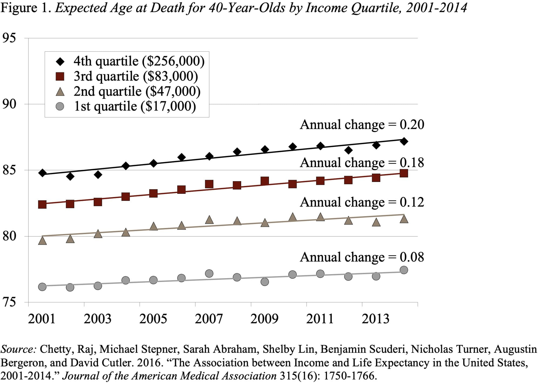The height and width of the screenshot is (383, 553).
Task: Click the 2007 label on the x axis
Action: (x=209, y=319)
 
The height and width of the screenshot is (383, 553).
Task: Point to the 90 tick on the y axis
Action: (x=9, y=104)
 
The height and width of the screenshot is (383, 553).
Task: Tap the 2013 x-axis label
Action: (x=375, y=319)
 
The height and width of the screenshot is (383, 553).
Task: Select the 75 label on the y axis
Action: (x=9, y=302)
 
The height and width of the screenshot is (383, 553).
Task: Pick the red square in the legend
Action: (x=60, y=77)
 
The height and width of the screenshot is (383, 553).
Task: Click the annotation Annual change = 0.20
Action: (x=362, y=125)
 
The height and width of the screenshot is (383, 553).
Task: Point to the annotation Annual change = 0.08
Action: (x=362, y=257)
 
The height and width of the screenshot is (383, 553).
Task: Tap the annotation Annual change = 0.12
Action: (x=362, y=202)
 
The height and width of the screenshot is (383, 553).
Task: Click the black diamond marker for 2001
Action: (x=42, y=173)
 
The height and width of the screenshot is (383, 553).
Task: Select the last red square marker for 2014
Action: (x=404, y=173)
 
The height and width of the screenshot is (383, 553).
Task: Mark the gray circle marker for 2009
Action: (x=265, y=282)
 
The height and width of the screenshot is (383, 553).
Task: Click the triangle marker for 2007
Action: (x=209, y=220)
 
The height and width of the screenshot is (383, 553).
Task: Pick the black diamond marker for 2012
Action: (x=348, y=150)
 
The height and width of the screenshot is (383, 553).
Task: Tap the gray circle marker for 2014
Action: (x=404, y=270)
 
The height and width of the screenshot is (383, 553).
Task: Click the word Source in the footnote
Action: (x=18, y=349)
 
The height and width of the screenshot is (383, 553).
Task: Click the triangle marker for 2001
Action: (x=42, y=240)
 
